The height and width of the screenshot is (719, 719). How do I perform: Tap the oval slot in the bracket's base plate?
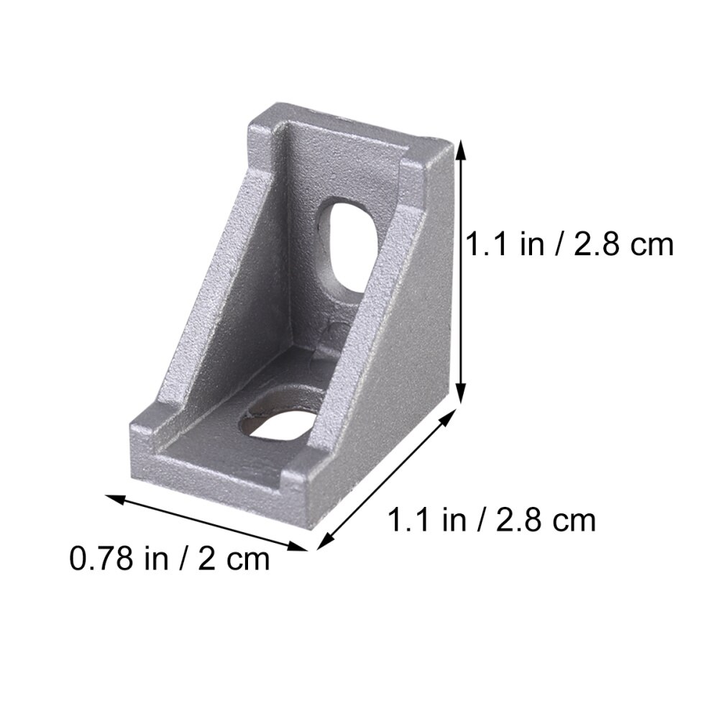(x=279, y=415)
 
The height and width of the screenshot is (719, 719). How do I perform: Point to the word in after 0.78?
(x=155, y=559)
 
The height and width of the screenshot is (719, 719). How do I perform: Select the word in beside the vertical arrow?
(x=533, y=244)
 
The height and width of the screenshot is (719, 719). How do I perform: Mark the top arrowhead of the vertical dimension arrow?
(x=461, y=147)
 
